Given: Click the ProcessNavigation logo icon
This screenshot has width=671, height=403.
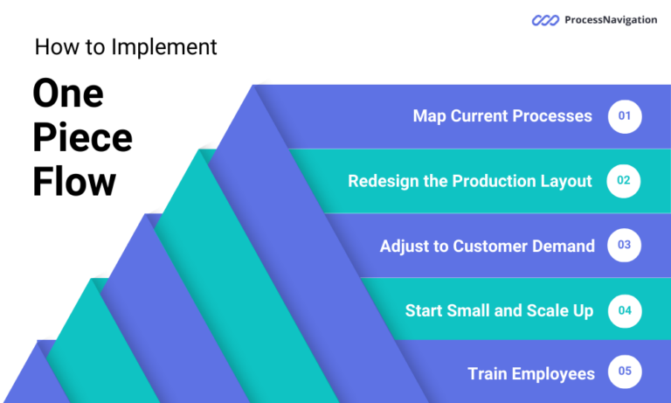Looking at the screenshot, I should pyautogui.click(x=546, y=20).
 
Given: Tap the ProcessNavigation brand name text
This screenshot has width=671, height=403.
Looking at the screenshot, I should pyautogui.click(x=611, y=20).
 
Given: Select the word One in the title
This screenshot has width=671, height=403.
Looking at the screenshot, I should pyautogui.click(x=68, y=94).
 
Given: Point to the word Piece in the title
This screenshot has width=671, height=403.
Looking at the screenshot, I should pyautogui.click(x=83, y=138).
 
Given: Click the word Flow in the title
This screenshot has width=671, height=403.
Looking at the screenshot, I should pyautogui.click(x=74, y=183).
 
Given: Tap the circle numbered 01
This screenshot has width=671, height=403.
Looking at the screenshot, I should pyautogui.click(x=625, y=116).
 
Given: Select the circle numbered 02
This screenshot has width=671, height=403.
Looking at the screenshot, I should pyautogui.click(x=625, y=181).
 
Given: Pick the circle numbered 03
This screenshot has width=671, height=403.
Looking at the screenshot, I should pyautogui.click(x=625, y=246).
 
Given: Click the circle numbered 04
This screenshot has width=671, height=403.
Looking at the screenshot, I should pyautogui.click(x=625, y=310).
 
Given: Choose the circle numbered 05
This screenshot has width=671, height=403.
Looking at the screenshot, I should pyautogui.click(x=625, y=372).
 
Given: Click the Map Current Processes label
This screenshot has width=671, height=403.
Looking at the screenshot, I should pyautogui.click(x=502, y=116).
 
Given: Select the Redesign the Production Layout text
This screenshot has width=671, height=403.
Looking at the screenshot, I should pyautogui.click(x=470, y=181).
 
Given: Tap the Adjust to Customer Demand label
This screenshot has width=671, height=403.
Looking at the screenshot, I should pyautogui.click(x=487, y=246).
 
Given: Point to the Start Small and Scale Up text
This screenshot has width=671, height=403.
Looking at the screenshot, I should pyautogui.click(x=499, y=310).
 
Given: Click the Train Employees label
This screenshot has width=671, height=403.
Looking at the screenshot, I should pyautogui.click(x=531, y=373).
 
